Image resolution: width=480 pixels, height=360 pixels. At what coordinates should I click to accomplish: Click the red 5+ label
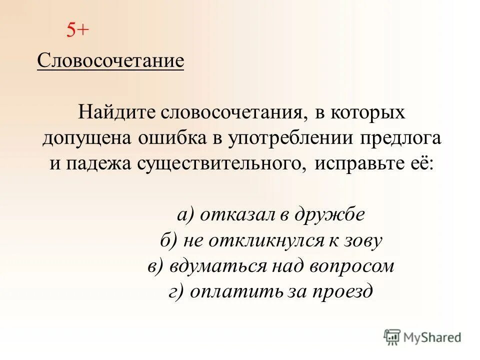click(x=77, y=31)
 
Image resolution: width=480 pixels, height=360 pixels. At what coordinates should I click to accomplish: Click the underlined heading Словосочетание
click(x=110, y=61)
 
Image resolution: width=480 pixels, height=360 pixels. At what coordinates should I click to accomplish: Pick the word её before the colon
click(x=418, y=163)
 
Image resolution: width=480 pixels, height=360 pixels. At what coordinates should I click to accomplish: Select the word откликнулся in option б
click(x=259, y=241)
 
